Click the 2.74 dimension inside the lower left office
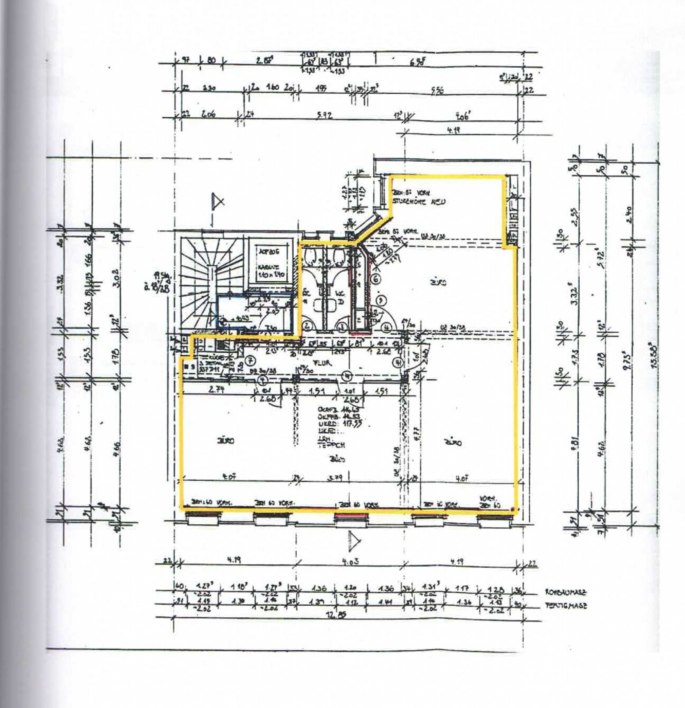(x=217, y=390)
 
